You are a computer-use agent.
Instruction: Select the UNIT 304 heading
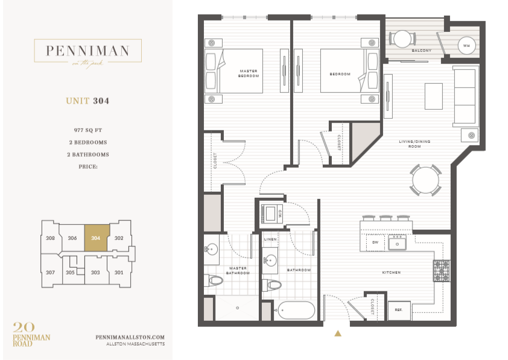tap(87, 101)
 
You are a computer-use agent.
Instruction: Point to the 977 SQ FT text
tap(87, 130)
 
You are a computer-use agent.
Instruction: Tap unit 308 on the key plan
tap(50, 238)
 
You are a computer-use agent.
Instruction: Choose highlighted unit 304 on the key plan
tap(95, 238)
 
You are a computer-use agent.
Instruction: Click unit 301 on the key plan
tap(119, 273)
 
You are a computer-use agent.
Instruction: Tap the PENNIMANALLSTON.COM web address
tap(130, 338)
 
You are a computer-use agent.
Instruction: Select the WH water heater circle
tap(466, 45)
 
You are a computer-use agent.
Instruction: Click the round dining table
tap(426, 180)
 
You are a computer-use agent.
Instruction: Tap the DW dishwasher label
tap(375, 242)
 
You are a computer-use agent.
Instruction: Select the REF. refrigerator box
tap(399, 310)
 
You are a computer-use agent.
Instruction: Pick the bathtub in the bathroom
tap(296, 310)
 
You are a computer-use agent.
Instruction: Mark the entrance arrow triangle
tap(338, 332)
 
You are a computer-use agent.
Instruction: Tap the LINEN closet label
tap(270, 239)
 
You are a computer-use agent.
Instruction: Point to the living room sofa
tap(465, 96)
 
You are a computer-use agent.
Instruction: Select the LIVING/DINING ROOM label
tap(410, 144)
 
